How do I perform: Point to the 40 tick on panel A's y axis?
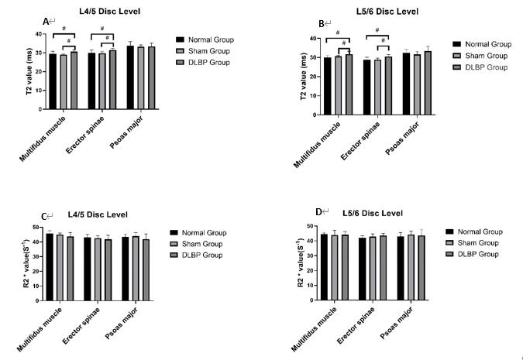(40, 34)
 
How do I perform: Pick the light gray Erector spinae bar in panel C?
(98, 267)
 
